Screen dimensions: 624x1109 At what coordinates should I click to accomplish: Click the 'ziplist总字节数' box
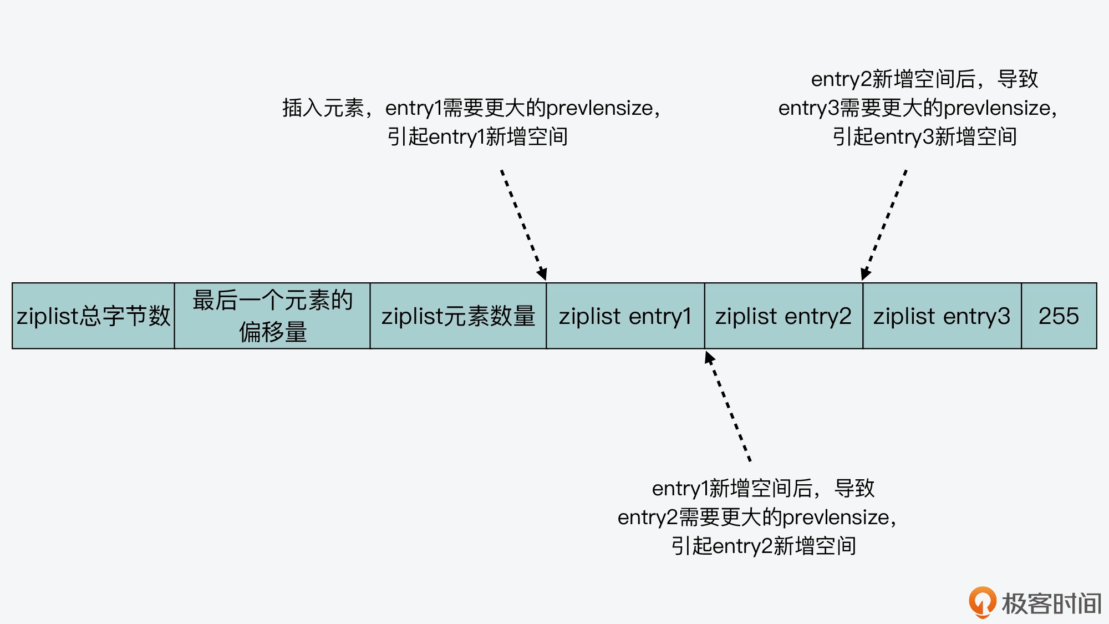pyautogui.click(x=93, y=316)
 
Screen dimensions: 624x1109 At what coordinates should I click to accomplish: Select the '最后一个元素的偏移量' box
pyautogui.click(x=272, y=316)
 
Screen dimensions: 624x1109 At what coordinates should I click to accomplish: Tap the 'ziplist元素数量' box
pyautogui.click(x=458, y=316)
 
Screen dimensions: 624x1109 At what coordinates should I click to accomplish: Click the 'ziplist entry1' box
pyautogui.click(x=625, y=316)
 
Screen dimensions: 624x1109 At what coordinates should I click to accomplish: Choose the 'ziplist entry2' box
pyautogui.click(x=784, y=316)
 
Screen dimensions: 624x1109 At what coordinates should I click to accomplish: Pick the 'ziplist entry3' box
pyautogui.click(x=942, y=316)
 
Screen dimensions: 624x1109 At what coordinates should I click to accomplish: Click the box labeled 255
pyautogui.click(x=1059, y=316)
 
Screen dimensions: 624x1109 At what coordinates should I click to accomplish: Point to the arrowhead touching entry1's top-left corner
pyautogui.click(x=542, y=273)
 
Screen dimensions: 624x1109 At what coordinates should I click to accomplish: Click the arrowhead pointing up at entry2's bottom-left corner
pyautogui.click(x=709, y=358)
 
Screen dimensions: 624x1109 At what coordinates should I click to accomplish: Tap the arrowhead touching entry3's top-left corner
pyautogui.click(x=866, y=273)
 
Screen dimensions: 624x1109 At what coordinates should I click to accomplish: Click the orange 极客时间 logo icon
pyautogui.click(x=983, y=602)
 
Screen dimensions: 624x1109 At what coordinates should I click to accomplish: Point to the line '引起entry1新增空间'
pyautogui.click(x=477, y=137)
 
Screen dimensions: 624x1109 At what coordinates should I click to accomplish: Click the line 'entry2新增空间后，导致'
pyautogui.click(x=924, y=79)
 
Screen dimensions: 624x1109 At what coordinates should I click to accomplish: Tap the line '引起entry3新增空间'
pyautogui.click(x=924, y=137)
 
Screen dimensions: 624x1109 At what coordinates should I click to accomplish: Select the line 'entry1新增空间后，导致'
pyautogui.click(x=763, y=489)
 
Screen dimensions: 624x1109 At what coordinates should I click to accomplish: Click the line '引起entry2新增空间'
pyautogui.click(x=763, y=546)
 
